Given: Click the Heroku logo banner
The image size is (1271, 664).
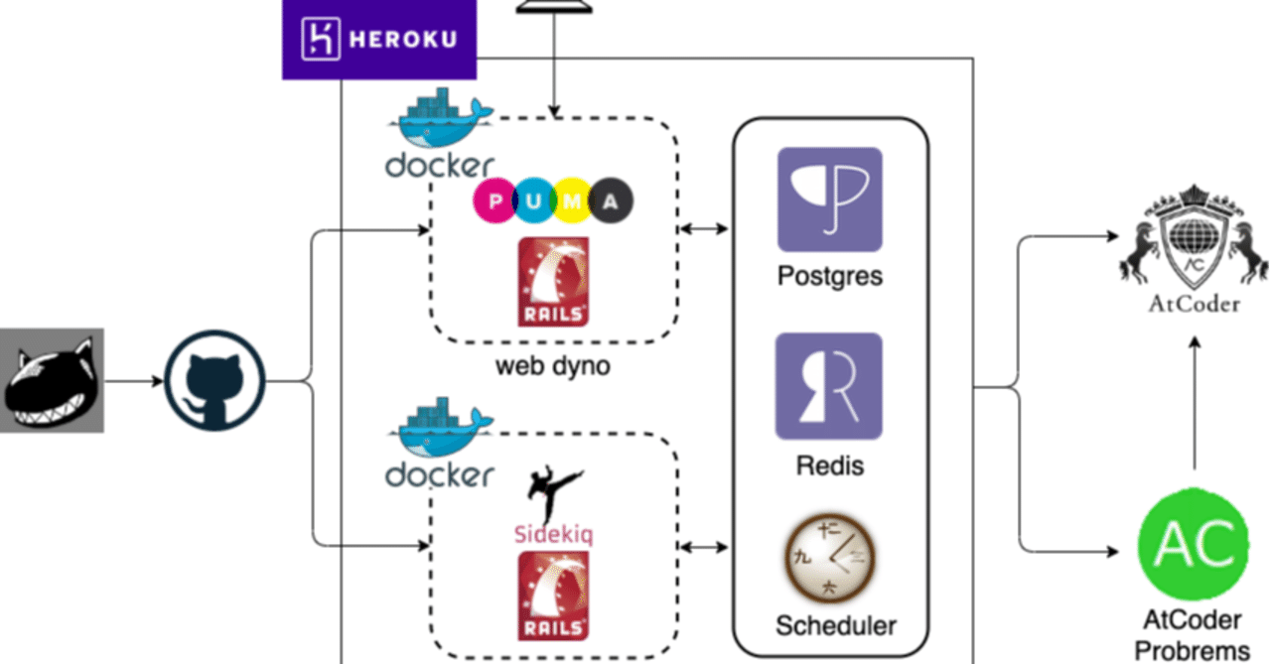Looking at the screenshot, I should point(378,40).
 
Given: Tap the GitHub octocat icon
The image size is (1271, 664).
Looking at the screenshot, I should point(214,381).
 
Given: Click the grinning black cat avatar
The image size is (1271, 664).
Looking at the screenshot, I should point(52,381).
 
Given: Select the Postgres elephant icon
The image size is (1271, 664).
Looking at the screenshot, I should point(829,199).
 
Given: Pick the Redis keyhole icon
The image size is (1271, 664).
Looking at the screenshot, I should point(828,386).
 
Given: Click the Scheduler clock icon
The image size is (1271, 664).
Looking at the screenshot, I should point(830,558).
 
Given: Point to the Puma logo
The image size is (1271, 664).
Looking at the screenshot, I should point(553,201).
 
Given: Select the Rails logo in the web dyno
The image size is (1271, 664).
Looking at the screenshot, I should point(553,282).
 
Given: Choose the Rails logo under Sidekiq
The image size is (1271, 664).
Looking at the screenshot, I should point(553,596).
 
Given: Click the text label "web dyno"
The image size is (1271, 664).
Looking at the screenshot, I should point(553,366).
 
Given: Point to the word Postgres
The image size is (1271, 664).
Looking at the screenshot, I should point(829,275).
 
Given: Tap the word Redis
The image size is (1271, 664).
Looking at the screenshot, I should point(829,465).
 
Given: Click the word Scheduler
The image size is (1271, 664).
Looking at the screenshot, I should point(835,626).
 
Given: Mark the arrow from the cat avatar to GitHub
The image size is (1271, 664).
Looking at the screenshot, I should point(134,381).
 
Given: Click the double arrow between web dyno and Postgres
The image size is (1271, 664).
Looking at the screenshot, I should point(704,229).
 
